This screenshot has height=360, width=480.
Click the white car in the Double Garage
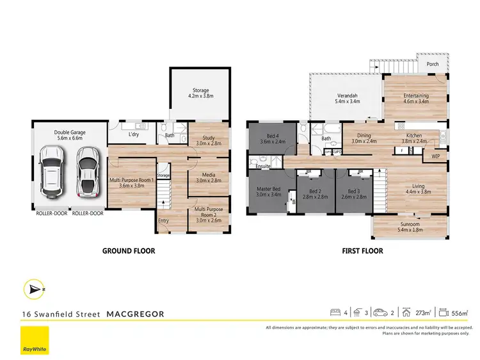tap(51, 171)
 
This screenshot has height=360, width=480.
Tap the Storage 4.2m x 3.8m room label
tap(200, 93)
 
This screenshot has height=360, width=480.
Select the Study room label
tap(208, 140)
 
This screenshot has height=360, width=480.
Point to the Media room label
tap(208, 177)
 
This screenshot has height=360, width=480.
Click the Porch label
tap(433, 64)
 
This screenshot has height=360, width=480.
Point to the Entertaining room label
tap(415, 99)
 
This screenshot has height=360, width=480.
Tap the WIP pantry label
tap(436, 156)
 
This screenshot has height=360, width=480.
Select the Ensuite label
tap(262, 166)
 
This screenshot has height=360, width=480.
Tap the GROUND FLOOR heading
tap(129, 251)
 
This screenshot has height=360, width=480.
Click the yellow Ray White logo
tap(35, 340)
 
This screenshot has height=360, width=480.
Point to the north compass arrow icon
tap(34, 289)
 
